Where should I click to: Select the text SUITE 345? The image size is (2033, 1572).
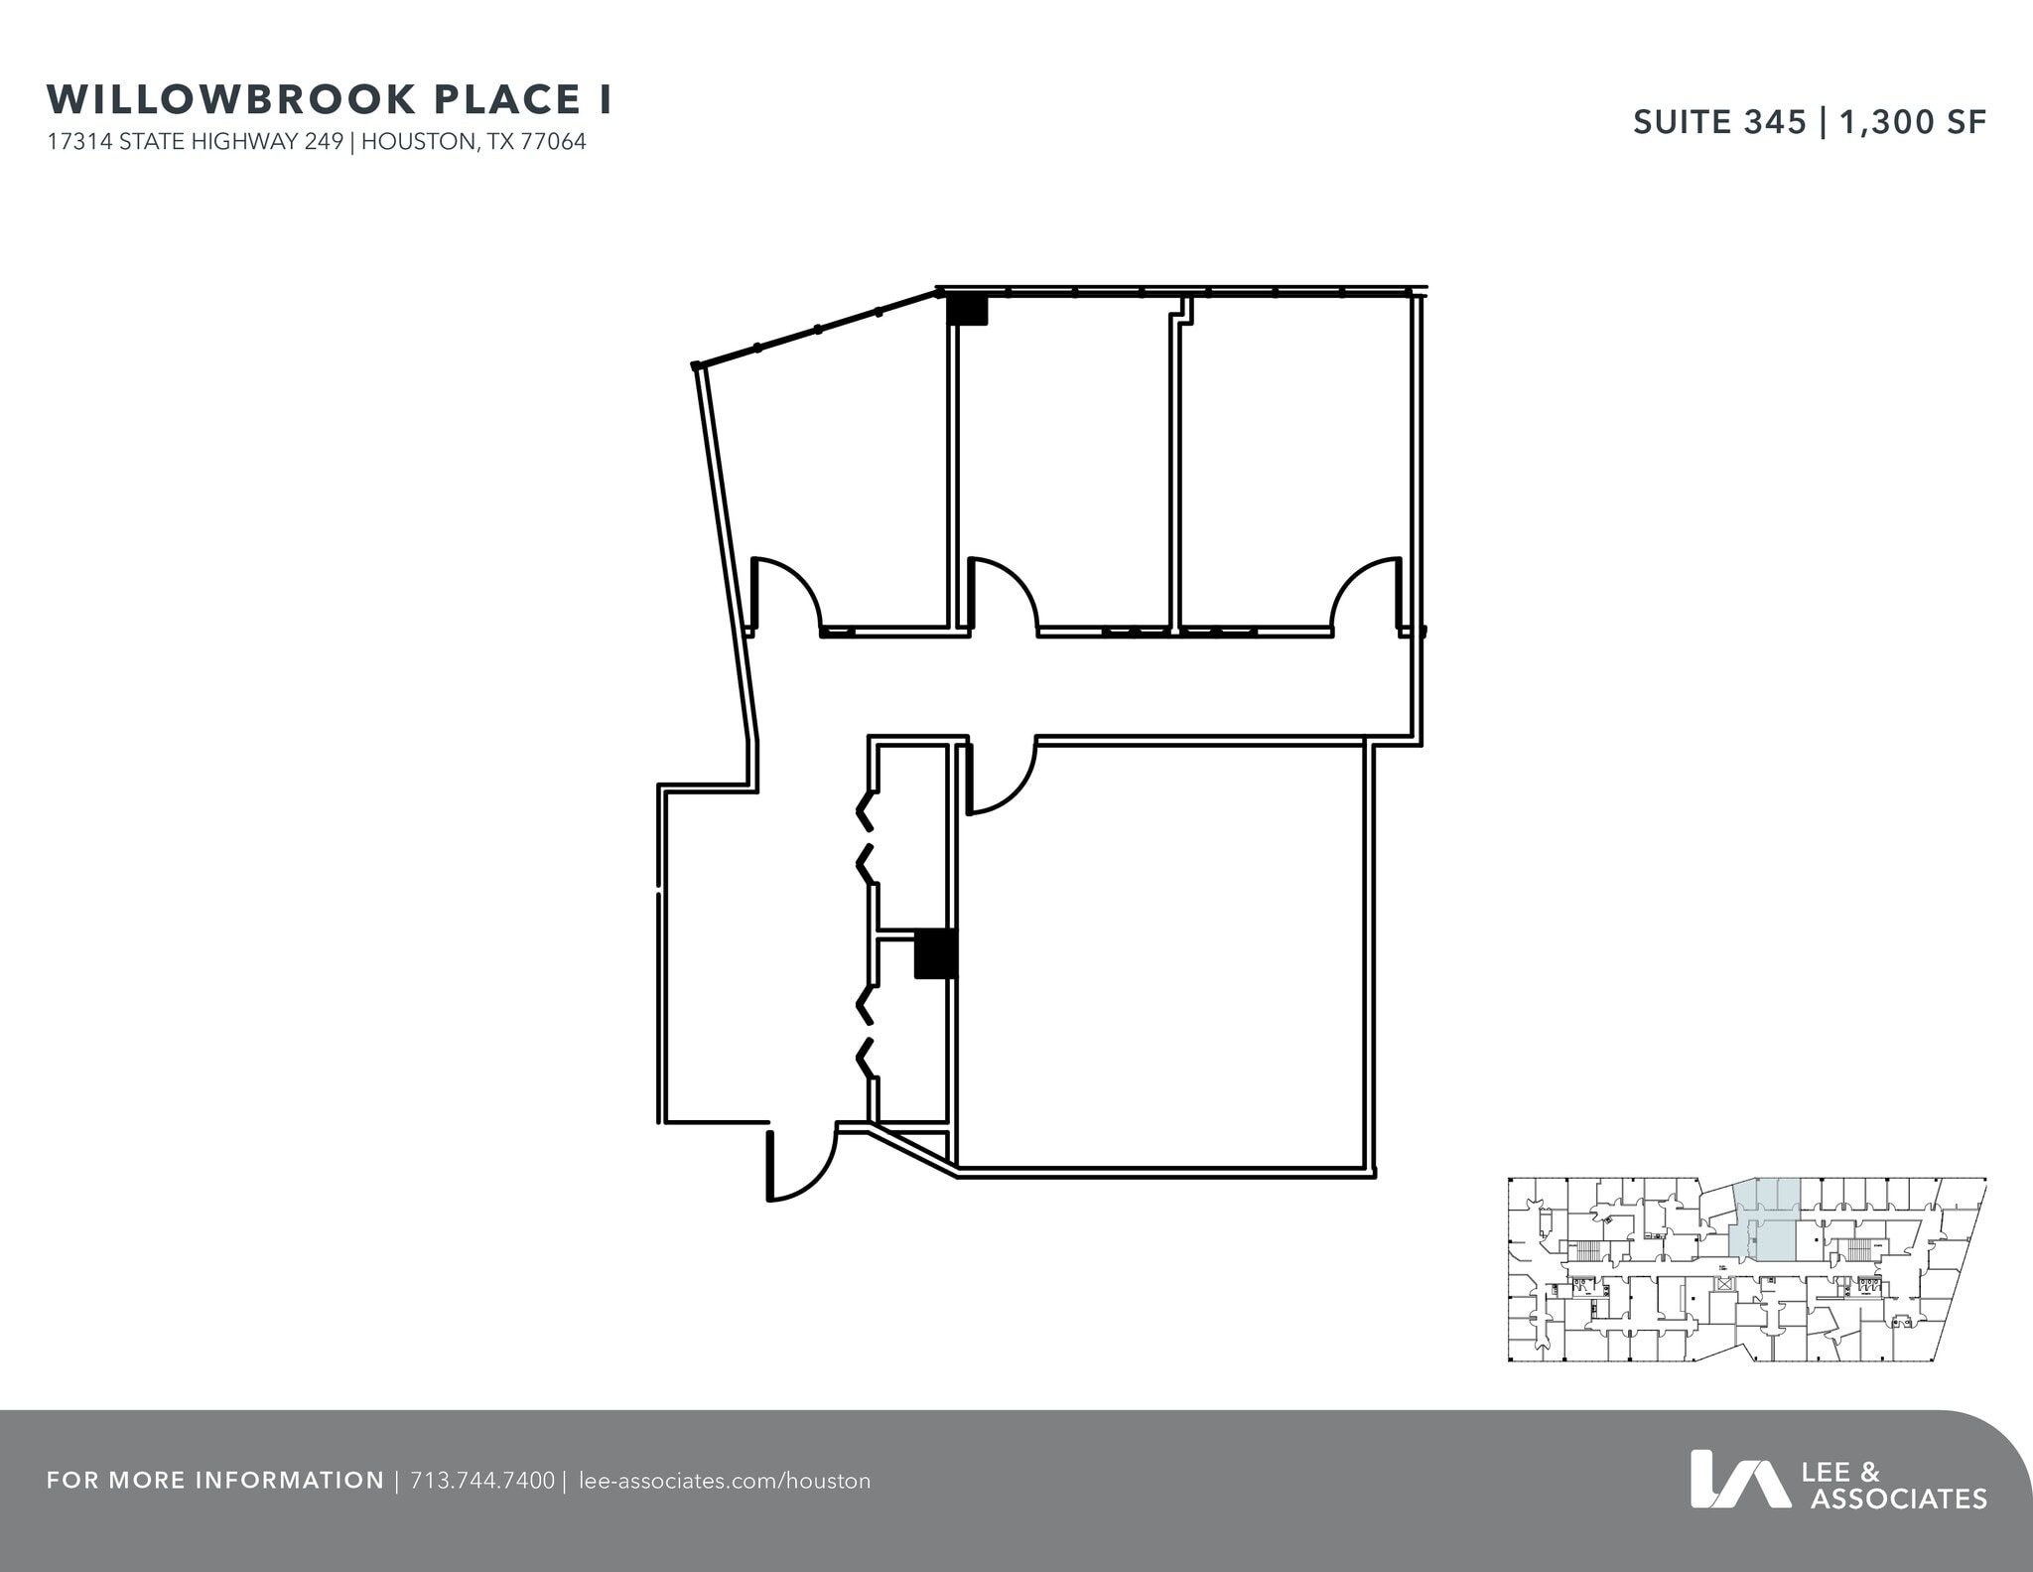[1719, 121]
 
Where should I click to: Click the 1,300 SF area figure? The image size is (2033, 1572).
[1913, 121]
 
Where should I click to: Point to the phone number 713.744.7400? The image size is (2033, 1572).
[481, 1481]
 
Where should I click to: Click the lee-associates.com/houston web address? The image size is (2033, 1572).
[724, 1481]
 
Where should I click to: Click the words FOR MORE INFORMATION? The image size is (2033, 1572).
[214, 1481]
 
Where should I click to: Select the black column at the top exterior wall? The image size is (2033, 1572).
[967, 310]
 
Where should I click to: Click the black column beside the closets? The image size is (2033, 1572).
[935, 953]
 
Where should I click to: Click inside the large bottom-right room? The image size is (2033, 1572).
[1161, 953]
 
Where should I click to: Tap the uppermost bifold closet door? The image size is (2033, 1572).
[866, 810]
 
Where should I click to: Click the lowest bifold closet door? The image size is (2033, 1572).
[866, 1058]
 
